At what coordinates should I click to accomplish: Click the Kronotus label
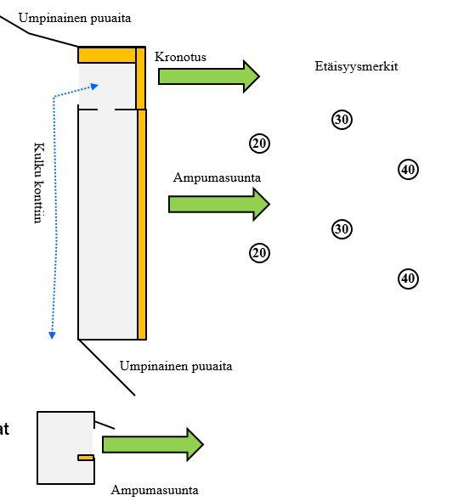pos(180,57)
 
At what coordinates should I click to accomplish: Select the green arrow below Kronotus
pos(208,76)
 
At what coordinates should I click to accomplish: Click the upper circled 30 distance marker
pos(342,120)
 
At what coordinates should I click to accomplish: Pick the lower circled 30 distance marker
pos(342,229)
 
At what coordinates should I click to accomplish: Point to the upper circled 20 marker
pos(259,144)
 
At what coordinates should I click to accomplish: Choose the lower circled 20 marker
pos(259,252)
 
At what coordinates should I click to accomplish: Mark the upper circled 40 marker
pos(408,170)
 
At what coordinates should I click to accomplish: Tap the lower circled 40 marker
pos(408,279)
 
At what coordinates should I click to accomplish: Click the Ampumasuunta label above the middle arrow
pos(217,178)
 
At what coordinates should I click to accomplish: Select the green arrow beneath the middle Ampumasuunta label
pos(218,204)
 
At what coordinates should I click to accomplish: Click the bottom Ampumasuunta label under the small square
pos(155,490)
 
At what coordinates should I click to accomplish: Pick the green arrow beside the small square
pos(153,444)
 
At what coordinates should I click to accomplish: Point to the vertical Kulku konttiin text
pos(37,182)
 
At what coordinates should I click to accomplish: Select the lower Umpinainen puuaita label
pos(175,367)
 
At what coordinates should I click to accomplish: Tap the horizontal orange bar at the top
pos(107,55)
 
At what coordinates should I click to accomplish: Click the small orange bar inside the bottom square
pos(86,458)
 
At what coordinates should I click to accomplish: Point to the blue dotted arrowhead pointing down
pos(52,335)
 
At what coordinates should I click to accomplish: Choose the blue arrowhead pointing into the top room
pos(95,86)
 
